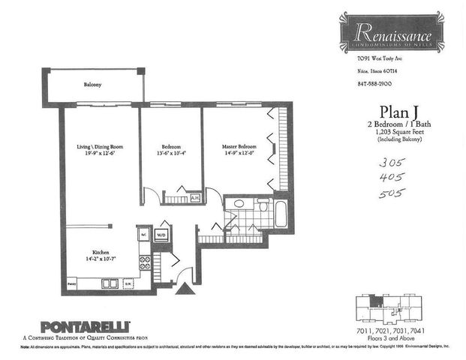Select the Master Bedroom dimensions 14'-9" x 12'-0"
click(x=239, y=153)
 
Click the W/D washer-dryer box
click(x=161, y=235)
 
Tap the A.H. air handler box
click(x=194, y=198)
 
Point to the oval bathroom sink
click(x=239, y=203)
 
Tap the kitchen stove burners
click(x=145, y=262)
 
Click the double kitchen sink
click(x=110, y=283)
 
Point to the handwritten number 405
click(x=392, y=177)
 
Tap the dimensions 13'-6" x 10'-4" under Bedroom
click(x=170, y=153)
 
